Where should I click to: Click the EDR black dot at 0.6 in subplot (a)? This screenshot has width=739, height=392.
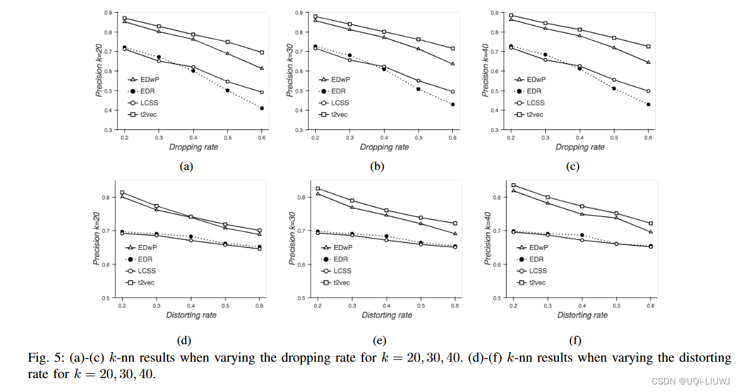coord(261,109)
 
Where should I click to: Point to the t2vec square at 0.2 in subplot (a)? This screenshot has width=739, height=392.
coord(124,18)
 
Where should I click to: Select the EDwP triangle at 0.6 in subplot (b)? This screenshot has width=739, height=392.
coord(452,64)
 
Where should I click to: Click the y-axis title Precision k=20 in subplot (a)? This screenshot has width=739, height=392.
coord(99,71)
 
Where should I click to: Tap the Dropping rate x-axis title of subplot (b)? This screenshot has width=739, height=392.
coord(384,147)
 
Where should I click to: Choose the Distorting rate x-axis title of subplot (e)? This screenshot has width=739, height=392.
coord(386,315)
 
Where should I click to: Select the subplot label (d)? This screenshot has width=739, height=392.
coord(184,341)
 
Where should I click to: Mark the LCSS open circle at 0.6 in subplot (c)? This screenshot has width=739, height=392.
coord(647,91)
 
